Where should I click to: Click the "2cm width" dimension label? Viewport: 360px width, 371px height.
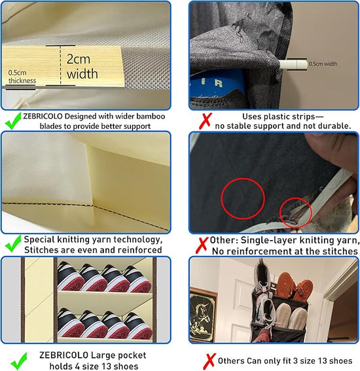[x=82, y=67]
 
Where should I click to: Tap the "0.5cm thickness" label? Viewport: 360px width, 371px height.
[x=22, y=77]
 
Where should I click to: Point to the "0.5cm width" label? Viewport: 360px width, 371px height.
[x=323, y=63]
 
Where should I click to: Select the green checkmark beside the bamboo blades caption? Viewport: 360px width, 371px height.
[x=13, y=120]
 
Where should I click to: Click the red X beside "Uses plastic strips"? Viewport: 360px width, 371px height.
[x=205, y=121]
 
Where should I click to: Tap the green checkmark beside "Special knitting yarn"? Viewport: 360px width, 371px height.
[x=13, y=243]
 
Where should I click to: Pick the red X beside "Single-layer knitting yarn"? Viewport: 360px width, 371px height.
[x=202, y=245]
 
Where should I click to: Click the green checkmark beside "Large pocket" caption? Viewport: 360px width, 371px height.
[x=19, y=361]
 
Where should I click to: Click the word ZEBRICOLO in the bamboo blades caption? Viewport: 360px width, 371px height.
[x=43, y=116]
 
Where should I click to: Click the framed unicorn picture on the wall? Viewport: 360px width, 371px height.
[x=204, y=315]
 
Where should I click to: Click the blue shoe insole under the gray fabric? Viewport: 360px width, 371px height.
[x=217, y=83]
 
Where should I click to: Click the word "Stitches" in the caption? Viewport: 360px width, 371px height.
[x=40, y=250]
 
